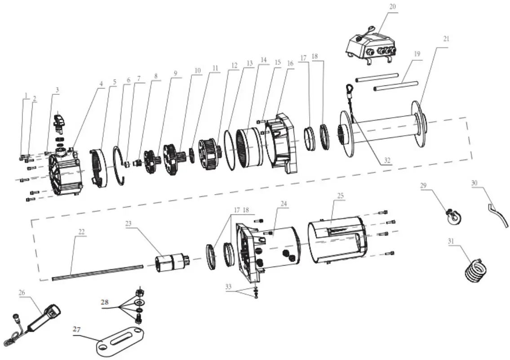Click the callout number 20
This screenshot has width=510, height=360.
coord(393,8)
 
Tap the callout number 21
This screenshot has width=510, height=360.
coord(445,39)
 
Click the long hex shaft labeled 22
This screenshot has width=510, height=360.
coord(97,272)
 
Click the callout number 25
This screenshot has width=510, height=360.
coord(340,196)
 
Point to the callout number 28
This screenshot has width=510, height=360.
coord(105,302)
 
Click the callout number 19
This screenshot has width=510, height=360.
coord(417,53)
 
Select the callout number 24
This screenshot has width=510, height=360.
coord(284,203)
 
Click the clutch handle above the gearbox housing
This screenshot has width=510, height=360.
coord(60,121)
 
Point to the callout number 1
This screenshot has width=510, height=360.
coord(26,96)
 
